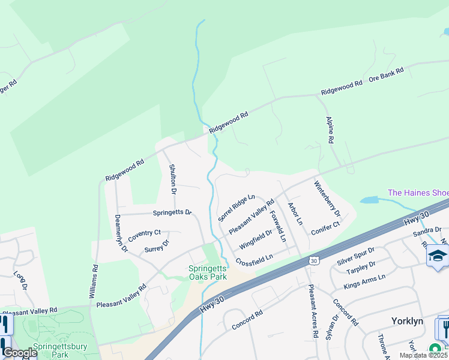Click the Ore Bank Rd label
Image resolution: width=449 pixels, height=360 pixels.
(x=386, y=74)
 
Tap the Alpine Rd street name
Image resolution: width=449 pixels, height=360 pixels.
(x=330, y=130)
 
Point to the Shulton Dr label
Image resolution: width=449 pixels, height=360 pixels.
(x=172, y=179)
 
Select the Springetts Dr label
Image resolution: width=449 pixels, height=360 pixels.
(x=172, y=212)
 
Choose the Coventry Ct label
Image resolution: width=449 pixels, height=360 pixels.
(x=144, y=233)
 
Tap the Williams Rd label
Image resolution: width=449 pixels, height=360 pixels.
(x=93, y=281)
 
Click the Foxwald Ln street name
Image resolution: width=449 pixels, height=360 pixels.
(x=278, y=226)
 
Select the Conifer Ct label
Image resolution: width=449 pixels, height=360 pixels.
(x=325, y=226)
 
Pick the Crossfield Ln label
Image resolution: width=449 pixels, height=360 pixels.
(x=255, y=260)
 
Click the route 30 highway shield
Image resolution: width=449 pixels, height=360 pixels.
(x=313, y=260)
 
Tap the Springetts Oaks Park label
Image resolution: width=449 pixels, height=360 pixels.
(x=208, y=273)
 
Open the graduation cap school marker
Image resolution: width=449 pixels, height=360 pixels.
(x=438, y=256)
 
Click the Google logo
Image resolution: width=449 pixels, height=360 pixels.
(x=20, y=353)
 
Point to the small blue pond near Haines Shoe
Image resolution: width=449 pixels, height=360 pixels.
(x=371, y=200)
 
